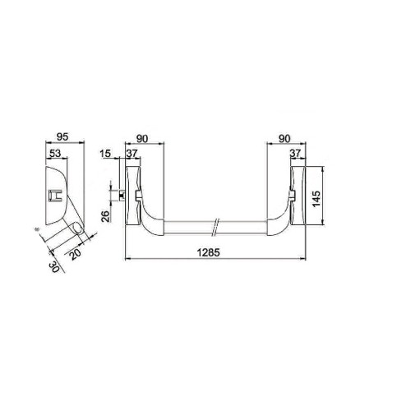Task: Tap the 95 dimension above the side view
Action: point(60,139)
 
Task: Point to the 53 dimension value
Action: point(55,155)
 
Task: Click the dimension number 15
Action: point(105,155)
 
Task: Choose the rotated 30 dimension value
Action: point(54,266)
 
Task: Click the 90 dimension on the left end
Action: point(143,139)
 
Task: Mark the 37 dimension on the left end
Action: point(131,155)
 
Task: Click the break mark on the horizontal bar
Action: point(215,224)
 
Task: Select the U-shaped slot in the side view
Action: point(54,195)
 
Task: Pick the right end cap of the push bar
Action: point(299,195)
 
